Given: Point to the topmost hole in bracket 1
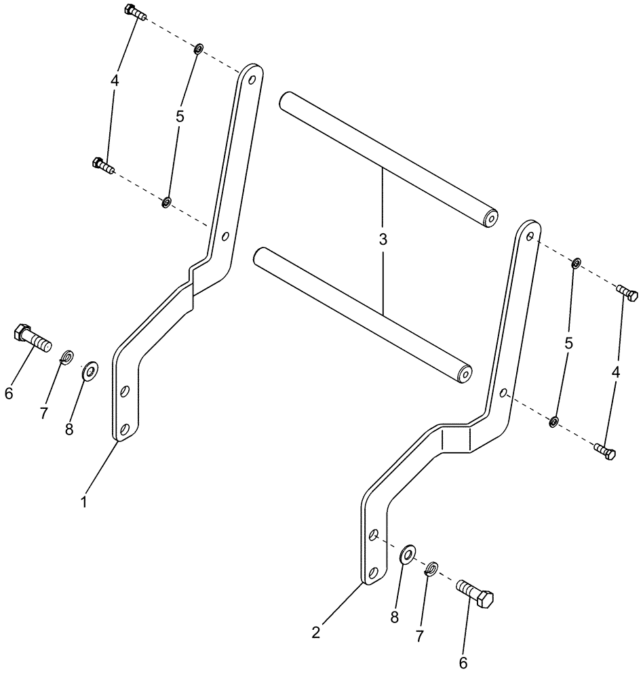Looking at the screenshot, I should pyautogui.click(x=252, y=79).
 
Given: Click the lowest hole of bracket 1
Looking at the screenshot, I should pyautogui.click(x=125, y=429).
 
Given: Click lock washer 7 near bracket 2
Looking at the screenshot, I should pyautogui.click(x=432, y=568).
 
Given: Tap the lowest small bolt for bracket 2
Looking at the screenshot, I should pyautogui.click(x=604, y=452).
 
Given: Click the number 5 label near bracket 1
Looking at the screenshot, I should pyautogui.click(x=180, y=117).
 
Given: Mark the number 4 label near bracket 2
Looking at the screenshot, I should pyautogui.click(x=615, y=372).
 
